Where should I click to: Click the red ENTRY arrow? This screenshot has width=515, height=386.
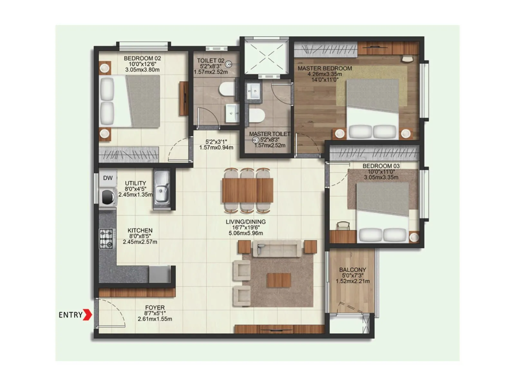click(87, 315)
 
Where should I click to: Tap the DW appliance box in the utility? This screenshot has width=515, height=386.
click(108, 178)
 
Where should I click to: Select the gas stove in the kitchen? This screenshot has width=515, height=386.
click(106, 238)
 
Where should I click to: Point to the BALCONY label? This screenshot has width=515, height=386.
click(352, 270)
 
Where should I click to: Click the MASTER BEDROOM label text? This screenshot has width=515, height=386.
click(324, 68)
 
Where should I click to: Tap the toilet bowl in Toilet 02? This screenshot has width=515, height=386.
click(227, 89)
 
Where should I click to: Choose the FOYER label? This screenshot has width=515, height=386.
click(155, 308)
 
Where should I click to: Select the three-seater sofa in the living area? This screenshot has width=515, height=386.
click(279, 248)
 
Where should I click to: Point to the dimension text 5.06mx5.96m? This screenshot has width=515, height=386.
click(246, 233)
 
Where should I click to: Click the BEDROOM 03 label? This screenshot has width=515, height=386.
click(381, 166)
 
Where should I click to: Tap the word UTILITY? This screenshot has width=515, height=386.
click(136, 183)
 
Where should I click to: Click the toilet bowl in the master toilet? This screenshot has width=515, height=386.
click(257, 115)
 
